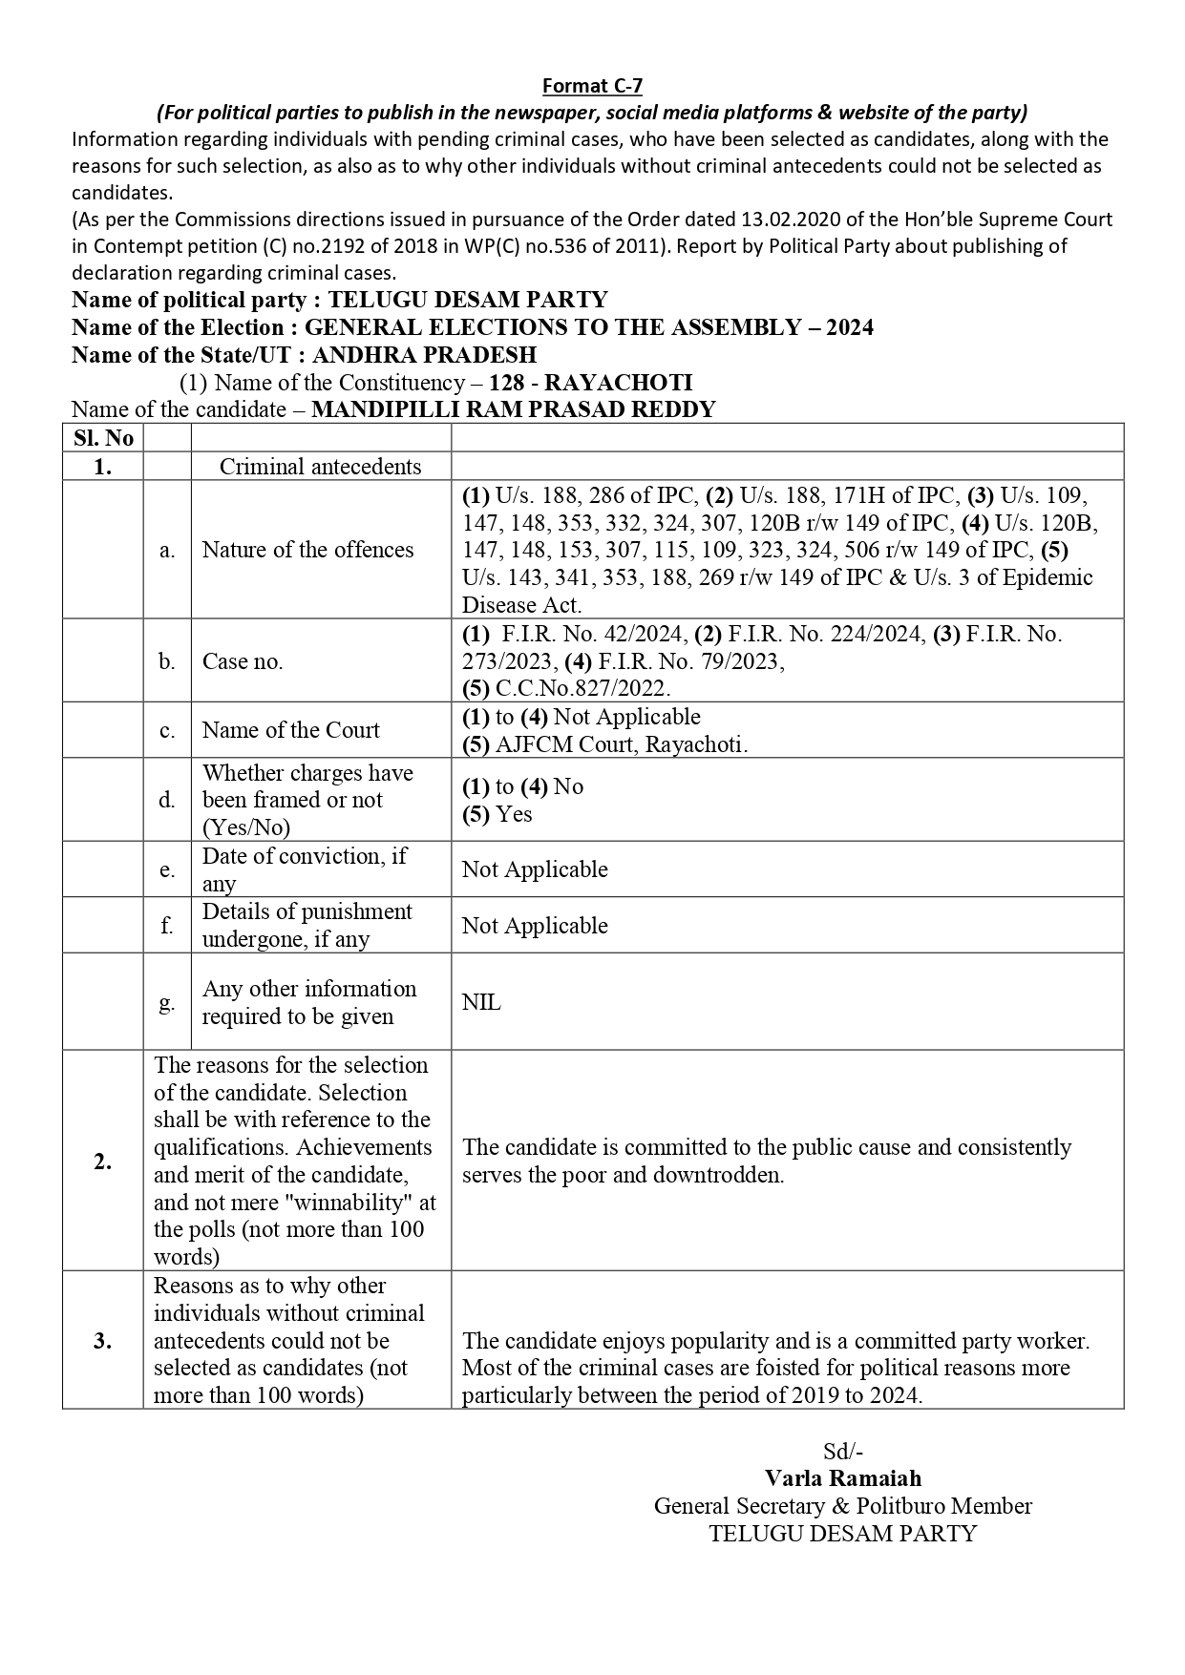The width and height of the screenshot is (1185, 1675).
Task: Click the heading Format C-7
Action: [592, 86]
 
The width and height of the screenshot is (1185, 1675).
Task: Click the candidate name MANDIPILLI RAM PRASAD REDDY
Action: [514, 409]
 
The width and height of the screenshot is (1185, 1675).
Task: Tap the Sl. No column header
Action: [103, 438]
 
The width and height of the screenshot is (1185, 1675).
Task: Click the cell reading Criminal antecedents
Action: [320, 467]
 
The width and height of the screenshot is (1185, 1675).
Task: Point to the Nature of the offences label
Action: [307, 550]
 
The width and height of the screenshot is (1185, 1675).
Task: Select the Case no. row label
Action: [243, 661]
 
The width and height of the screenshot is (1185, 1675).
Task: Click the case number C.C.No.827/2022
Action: [582, 688]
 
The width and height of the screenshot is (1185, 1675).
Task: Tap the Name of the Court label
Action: [290, 730]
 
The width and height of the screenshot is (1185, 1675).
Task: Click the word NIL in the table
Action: [481, 1002]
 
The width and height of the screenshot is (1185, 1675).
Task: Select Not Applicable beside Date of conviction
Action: [535, 869]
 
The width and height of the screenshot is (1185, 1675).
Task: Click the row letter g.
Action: [167, 1002]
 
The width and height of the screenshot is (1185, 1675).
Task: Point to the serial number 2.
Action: [103, 1162]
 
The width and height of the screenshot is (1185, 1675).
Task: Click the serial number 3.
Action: [103, 1341]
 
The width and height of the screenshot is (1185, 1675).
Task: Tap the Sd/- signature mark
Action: [843, 1452]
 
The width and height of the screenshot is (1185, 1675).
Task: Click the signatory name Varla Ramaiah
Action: [843, 1478]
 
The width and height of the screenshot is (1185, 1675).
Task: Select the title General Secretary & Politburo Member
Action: [843, 1506]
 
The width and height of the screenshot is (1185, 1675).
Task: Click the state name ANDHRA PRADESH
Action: [424, 355]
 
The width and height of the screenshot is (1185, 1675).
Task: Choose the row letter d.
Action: [167, 800]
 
